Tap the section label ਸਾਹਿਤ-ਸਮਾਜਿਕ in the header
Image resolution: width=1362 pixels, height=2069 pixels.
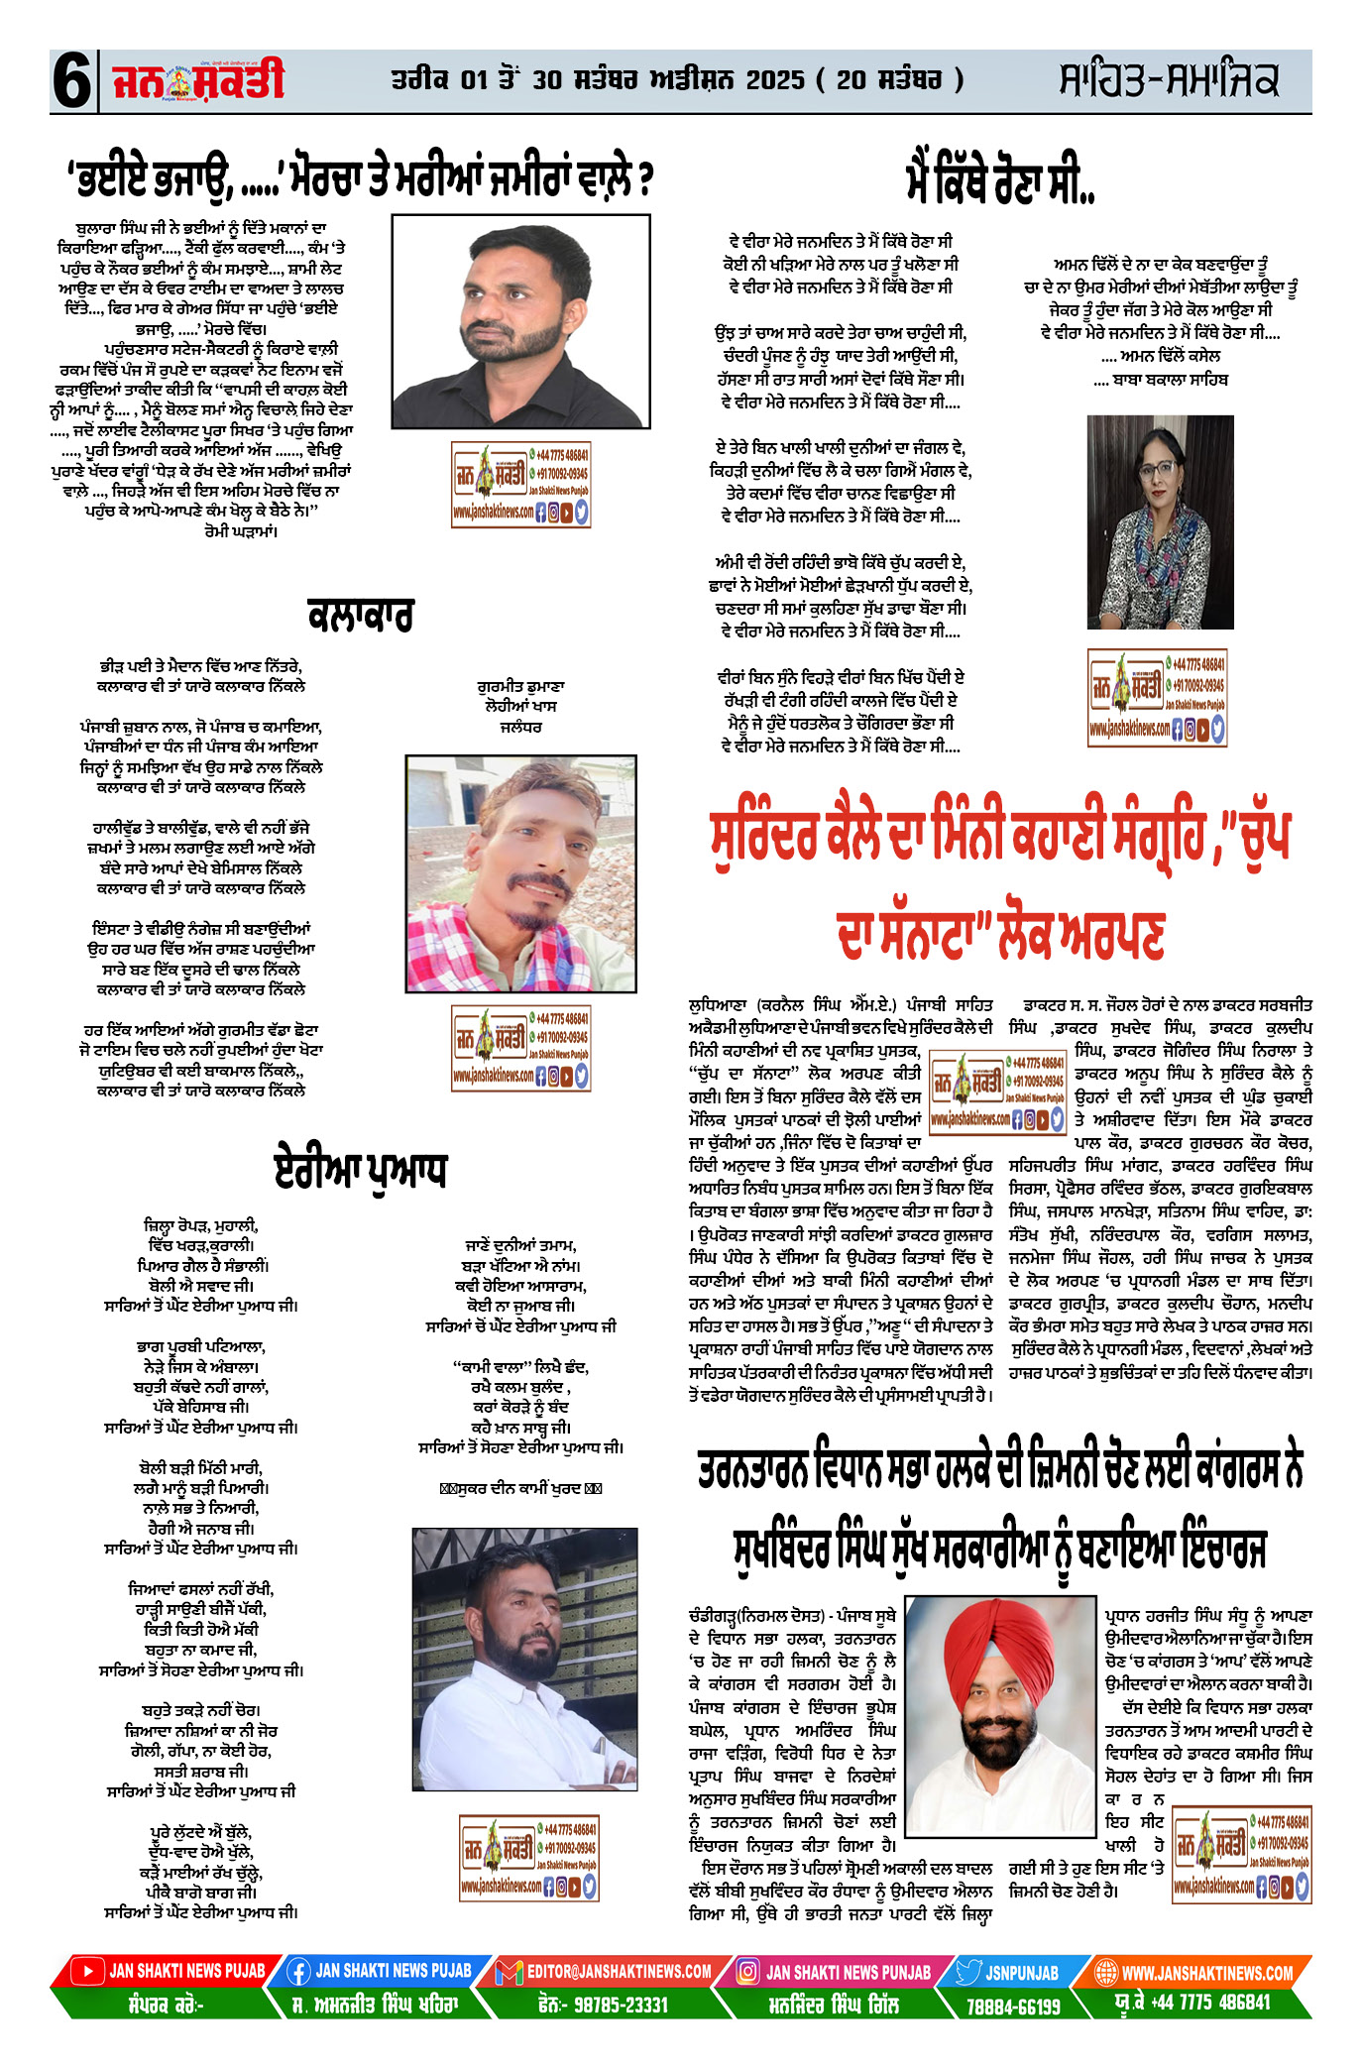[1168, 80]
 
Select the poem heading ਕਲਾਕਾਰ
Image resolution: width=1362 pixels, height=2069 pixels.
[361, 616]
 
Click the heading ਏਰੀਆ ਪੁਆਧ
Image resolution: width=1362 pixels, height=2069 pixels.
[361, 1171]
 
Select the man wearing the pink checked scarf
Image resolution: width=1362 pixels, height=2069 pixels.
[520, 872]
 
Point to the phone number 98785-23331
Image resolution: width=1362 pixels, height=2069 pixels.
[603, 2005]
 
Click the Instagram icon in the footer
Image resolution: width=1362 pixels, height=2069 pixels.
[748, 1972]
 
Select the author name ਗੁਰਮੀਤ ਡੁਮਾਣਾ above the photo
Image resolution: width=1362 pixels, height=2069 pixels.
[520, 686]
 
